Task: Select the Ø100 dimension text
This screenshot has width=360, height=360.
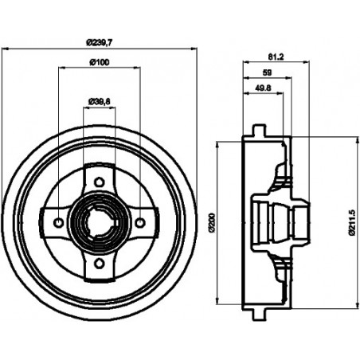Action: coord(99,63)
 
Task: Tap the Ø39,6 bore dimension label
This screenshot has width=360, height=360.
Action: coord(99,101)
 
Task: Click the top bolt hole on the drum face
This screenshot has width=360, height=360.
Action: coord(99,182)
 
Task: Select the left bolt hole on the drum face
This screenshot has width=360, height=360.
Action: coord(58,223)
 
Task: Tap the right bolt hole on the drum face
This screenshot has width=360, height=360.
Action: coord(140,223)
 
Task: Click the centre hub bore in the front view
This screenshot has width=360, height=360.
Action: coord(99,223)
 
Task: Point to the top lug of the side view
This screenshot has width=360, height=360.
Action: coord(256,130)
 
